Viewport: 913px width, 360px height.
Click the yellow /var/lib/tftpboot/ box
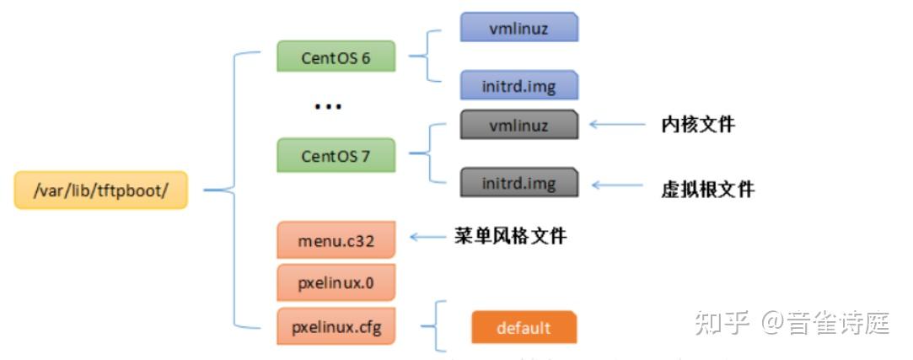100,191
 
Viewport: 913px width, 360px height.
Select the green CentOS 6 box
336,57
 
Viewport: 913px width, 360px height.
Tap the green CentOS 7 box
336,156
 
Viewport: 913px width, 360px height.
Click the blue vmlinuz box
518,28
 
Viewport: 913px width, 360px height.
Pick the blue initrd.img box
518,86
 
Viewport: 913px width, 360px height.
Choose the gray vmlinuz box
518,126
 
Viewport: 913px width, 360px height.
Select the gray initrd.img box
518,183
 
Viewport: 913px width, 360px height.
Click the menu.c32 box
336,241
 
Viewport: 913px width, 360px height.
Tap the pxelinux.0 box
336,282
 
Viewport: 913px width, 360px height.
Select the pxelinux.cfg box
336,326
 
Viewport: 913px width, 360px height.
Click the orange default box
524,328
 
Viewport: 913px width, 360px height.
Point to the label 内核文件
697,125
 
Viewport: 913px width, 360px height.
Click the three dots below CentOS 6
327,107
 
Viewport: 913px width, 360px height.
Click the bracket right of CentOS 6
428,57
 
